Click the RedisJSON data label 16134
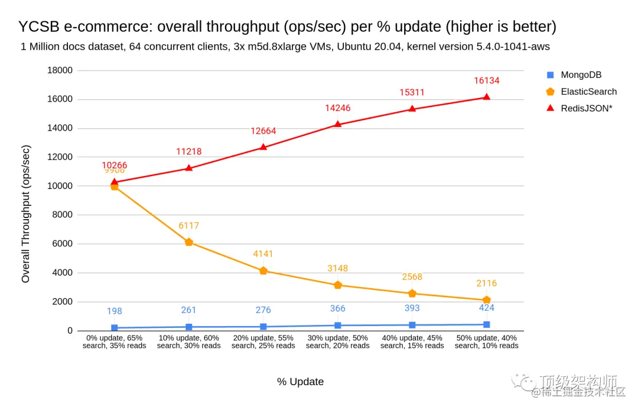click(x=486, y=80)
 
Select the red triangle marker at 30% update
click(x=338, y=124)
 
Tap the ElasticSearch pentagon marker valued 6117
click(x=189, y=242)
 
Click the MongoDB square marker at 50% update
click(x=487, y=324)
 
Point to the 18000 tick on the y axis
click(x=59, y=70)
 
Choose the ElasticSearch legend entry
click(x=588, y=92)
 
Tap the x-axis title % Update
click(x=300, y=382)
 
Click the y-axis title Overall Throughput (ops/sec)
click(x=26, y=214)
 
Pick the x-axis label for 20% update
click(x=263, y=341)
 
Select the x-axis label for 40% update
click(x=412, y=341)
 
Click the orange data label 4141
click(x=263, y=254)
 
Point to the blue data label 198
click(x=115, y=311)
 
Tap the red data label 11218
click(x=189, y=152)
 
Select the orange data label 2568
click(x=412, y=277)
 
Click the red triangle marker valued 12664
click(x=263, y=147)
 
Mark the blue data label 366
click(x=338, y=308)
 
